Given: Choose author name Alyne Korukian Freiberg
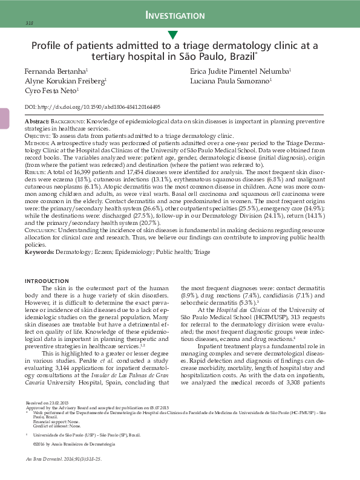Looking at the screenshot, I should pyautogui.click(x=64, y=80).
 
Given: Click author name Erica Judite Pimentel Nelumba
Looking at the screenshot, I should pyautogui.click(x=239, y=71).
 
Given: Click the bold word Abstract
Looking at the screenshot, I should pyautogui.click(x=37, y=122).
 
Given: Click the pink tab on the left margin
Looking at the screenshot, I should pyautogui.click(x=4, y=118).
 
